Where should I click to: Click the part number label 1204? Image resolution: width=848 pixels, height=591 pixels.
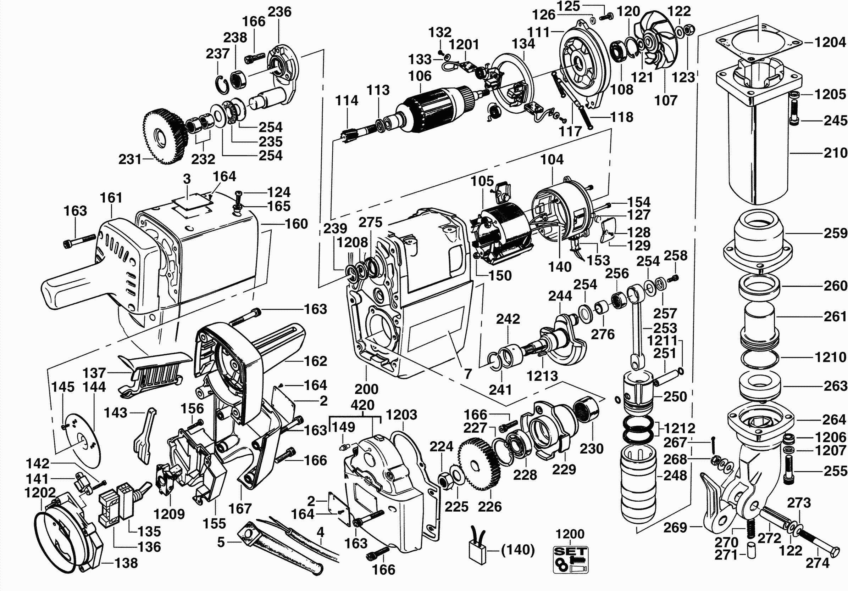tap(830, 43)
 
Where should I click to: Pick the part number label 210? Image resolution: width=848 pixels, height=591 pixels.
tap(835, 152)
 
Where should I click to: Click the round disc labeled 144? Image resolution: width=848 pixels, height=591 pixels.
tap(82, 441)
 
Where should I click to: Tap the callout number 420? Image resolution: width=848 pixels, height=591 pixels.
tap(362, 405)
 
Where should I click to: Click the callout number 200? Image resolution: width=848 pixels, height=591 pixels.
tap(366, 389)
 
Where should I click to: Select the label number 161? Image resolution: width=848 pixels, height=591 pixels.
tap(111, 198)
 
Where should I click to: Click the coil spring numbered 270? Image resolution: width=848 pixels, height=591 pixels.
tap(749, 528)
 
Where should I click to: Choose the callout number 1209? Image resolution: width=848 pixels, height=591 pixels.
tap(169, 514)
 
